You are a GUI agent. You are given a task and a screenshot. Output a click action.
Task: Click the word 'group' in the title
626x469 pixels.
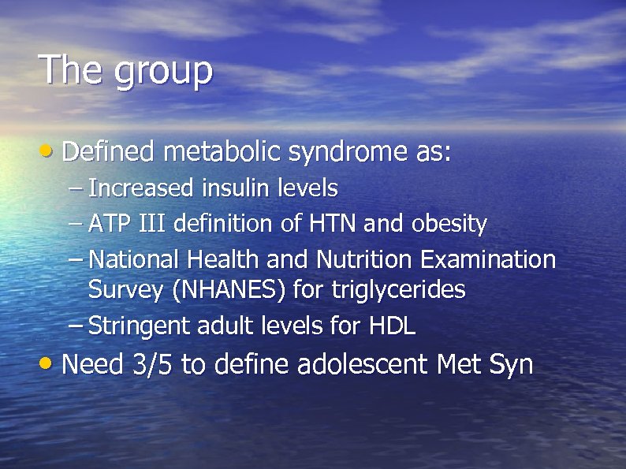coord(163,73)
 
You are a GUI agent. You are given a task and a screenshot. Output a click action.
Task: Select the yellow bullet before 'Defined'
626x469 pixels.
coord(49,150)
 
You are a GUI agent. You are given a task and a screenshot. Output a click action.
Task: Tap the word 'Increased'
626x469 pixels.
coord(141,188)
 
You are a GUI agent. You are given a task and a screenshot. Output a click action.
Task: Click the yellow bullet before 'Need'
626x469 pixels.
coord(49,364)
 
